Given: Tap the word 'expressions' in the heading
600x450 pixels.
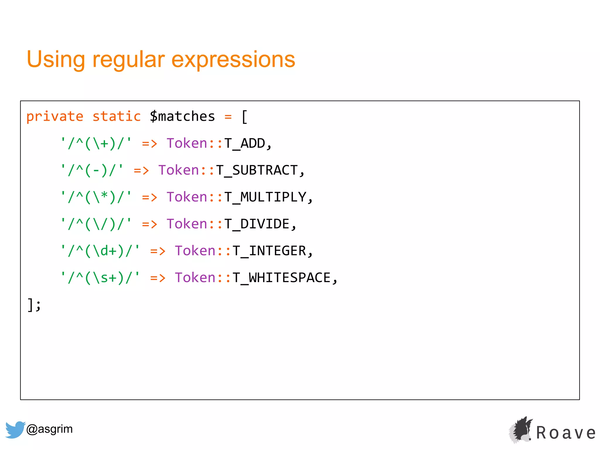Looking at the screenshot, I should (x=233, y=60).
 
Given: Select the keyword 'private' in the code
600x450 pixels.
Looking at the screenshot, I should (x=55, y=117).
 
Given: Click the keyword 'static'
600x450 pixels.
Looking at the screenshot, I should (x=117, y=117).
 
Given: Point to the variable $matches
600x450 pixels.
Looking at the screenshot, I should (x=182, y=117).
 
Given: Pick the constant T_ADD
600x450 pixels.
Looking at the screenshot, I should (x=245, y=144).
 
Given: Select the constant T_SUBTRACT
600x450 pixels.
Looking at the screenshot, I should (x=257, y=171).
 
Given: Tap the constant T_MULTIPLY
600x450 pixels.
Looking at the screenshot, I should (x=265, y=197).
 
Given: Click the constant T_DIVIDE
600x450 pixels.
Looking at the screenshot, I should (x=257, y=224).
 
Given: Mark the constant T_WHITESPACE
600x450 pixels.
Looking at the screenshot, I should (x=282, y=278).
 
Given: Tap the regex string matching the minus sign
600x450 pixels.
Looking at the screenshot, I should (x=92, y=171).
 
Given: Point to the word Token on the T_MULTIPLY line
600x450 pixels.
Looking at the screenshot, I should (x=187, y=197).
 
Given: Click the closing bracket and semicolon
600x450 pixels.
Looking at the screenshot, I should (x=34, y=305).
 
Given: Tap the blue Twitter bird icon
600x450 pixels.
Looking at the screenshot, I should (x=15, y=429).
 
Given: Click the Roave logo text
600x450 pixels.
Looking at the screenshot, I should (x=566, y=433).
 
